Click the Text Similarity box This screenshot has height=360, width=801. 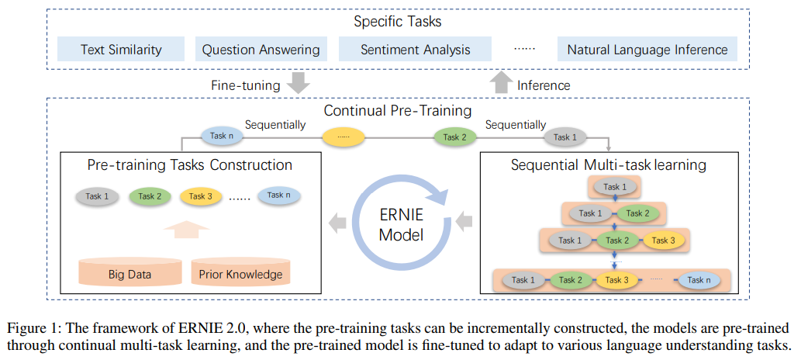pyautogui.click(x=121, y=50)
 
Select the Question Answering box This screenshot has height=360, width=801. pyautogui.click(x=261, y=50)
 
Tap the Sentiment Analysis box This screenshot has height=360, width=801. pyautogui.click(x=416, y=50)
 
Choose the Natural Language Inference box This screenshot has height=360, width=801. pyautogui.click(x=647, y=50)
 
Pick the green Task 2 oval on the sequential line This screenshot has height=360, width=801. pyautogui.click(x=455, y=137)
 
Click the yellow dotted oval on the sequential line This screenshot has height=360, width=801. pyautogui.click(x=343, y=137)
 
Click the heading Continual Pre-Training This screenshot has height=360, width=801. pyautogui.click(x=398, y=111)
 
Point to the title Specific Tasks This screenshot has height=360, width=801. pyautogui.click(x=398, y=22)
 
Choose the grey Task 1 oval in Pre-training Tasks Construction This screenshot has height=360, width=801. pyautogui.click(x=97, y=196)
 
